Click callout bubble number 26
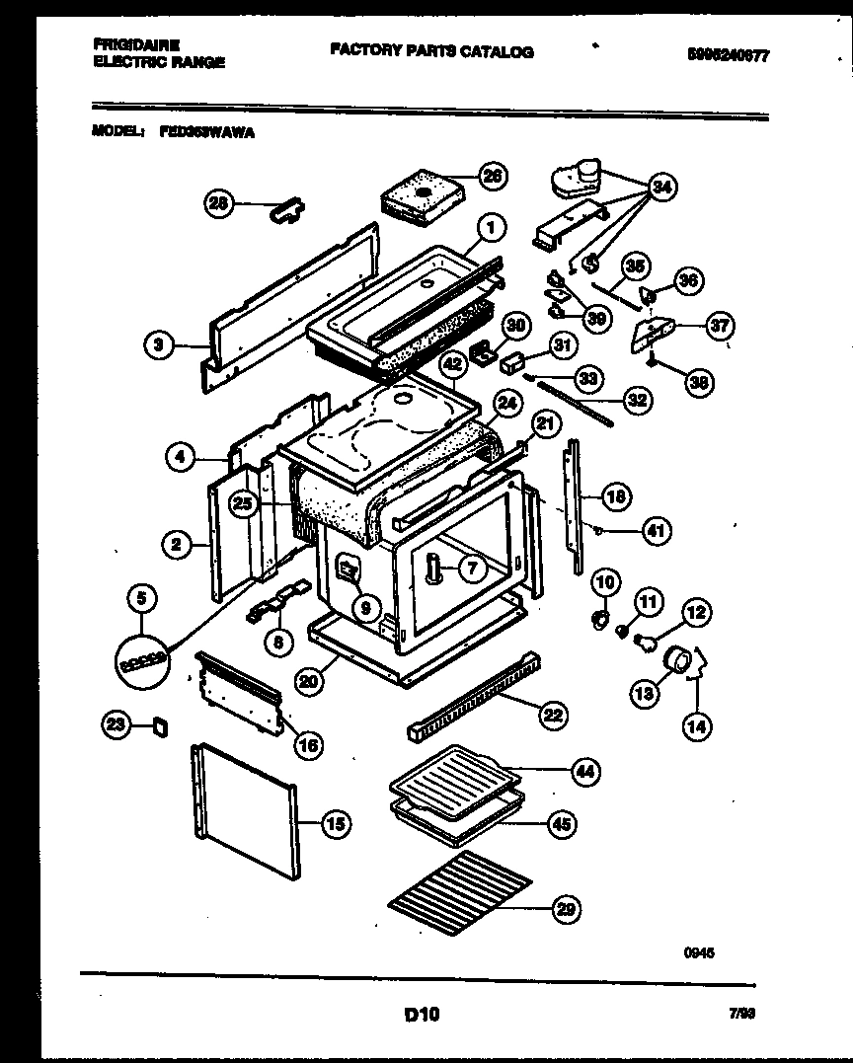click(492, 176)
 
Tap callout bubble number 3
click(158, 344)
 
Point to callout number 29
click(565, 909)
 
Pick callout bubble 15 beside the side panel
click(336, 823)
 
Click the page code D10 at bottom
click(422, 1014)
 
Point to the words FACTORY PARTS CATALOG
click(431, 51)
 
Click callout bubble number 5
click(143, 596)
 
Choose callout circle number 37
click(720, 326)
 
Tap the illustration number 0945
click(699, 953)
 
